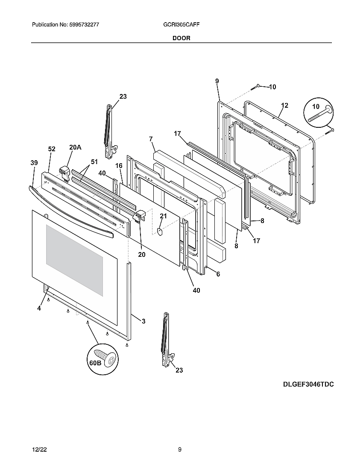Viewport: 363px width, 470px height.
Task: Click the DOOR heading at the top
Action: pos(181,38)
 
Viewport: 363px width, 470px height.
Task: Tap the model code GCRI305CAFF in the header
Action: pos(179,25)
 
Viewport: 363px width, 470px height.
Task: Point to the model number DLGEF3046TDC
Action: pos(308,384)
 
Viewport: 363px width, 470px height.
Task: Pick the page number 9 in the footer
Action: pos(180,449)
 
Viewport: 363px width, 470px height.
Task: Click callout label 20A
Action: pos(75,147)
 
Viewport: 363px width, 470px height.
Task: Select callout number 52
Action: pos(52,149)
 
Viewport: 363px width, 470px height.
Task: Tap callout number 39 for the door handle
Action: pos(34,163)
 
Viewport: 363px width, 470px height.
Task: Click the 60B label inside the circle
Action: pos(95,363)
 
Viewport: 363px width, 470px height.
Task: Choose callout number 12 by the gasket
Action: pos(284,106)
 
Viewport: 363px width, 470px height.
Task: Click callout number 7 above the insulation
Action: pos(151,139)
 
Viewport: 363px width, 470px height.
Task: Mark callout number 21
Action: pos(163,216)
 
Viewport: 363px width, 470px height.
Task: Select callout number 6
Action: pos(218,274)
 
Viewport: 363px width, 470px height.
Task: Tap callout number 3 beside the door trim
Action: pos(143,321)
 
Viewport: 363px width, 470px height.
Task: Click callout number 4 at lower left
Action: pos(39,308)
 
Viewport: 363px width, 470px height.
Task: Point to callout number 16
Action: pos(119,165)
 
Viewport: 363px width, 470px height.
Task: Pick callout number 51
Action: pos(94,162)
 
